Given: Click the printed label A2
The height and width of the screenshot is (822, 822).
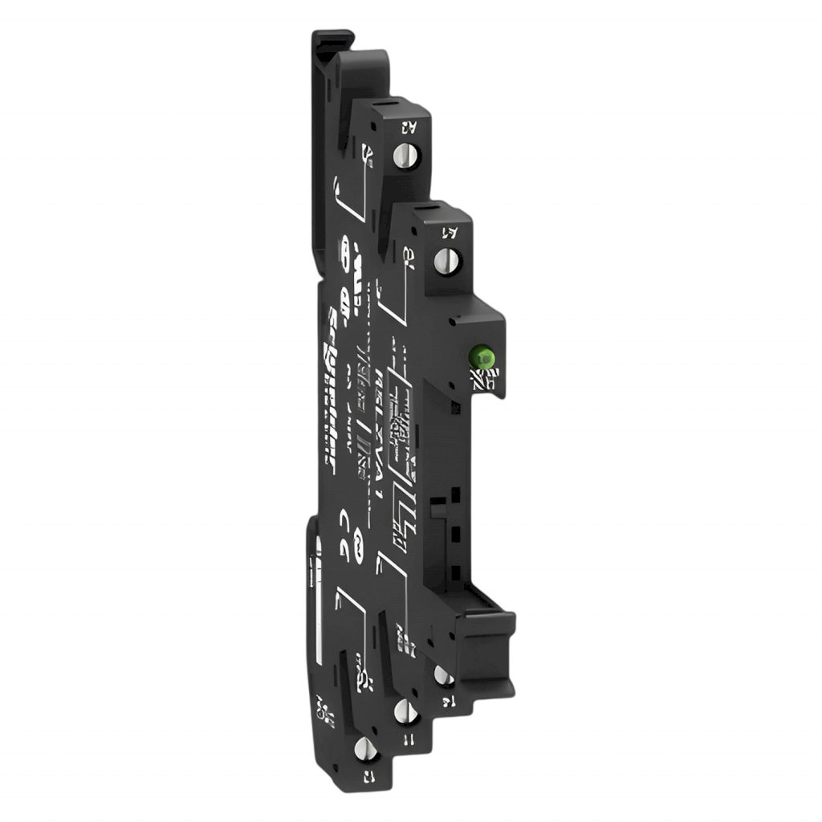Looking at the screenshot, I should pyautogui.click(x=407, y=125).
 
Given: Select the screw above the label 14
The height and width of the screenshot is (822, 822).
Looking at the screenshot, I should pyautogui.click(x=441, y=676).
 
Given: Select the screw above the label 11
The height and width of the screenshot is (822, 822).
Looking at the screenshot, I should pyautogui.click(x=401, y=710).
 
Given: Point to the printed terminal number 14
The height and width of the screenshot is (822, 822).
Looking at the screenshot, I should pyautogui.click(x=446, y=703).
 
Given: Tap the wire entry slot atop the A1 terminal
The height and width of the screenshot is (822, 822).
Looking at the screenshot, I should pyautogui.click(x=437, y=211).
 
